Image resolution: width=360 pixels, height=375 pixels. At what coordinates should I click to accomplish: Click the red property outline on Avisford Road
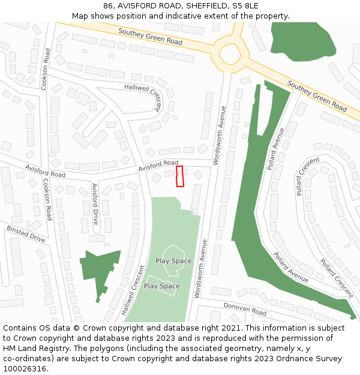click(179, 176)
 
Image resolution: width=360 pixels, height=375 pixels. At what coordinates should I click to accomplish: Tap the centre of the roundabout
click(230, 53)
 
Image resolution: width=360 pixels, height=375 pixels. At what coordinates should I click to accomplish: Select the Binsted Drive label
click(26, 233)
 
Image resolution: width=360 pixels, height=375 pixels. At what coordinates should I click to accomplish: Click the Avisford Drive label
click(94, 204)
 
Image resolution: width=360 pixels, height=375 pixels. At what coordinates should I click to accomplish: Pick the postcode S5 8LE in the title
click(246, 6)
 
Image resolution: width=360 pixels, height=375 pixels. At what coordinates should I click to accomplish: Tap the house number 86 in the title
click(109, 6)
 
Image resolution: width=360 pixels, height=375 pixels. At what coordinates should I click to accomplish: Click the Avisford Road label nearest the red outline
click(158, 166)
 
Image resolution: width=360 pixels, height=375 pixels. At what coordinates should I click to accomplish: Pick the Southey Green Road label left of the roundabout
click(150, 37)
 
